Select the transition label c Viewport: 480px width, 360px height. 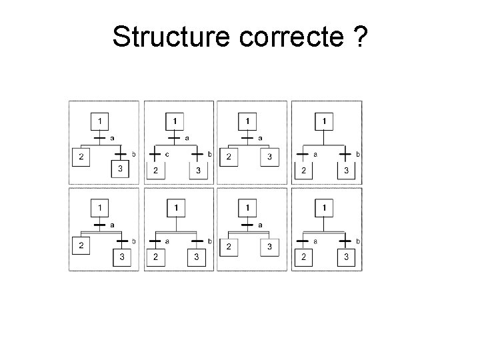pyautogui.click(x=167, y=155)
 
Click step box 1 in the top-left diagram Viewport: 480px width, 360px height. pyautogui.click(x=99, y=122)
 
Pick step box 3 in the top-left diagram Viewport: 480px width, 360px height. pyautogui.click(x=120, y=169)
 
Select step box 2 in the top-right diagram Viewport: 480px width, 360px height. pyautogui.click(x=304, y=171)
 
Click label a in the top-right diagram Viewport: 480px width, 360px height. pyautogui.click(x=315, y=155)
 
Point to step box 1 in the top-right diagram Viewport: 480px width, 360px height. pyautogui.click(x=324, y=122)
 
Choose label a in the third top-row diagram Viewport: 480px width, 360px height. pyautogui.click(x=260, y=138)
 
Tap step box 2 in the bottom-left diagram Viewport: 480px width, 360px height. pyautogui.click(x=81, y=245)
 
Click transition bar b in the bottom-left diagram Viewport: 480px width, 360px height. pyautogui.click(x=121, y=241)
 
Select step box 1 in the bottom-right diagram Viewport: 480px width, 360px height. pyautogui.click(x=324, y=209)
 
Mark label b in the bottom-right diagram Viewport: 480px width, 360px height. pyautogui.click(x=358, y=241)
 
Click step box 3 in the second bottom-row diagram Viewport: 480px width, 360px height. pyautogui.click(x=196, y=257)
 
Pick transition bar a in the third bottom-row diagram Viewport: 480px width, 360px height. pyautogui.click(x=247, y=225)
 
